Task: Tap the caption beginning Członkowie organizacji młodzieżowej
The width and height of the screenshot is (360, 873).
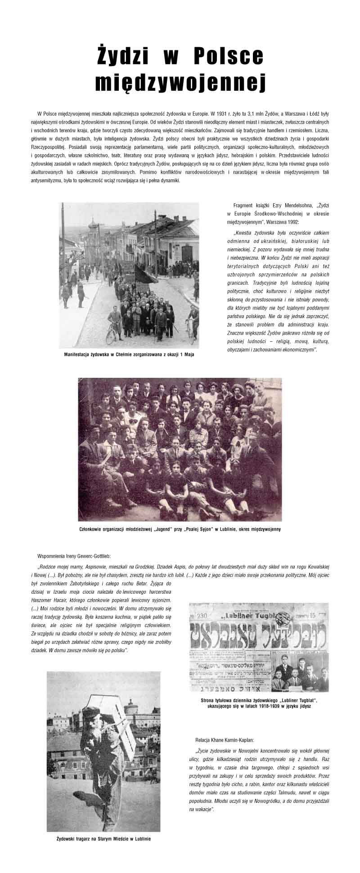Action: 180,529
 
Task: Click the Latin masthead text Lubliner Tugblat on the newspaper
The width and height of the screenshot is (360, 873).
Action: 257,615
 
